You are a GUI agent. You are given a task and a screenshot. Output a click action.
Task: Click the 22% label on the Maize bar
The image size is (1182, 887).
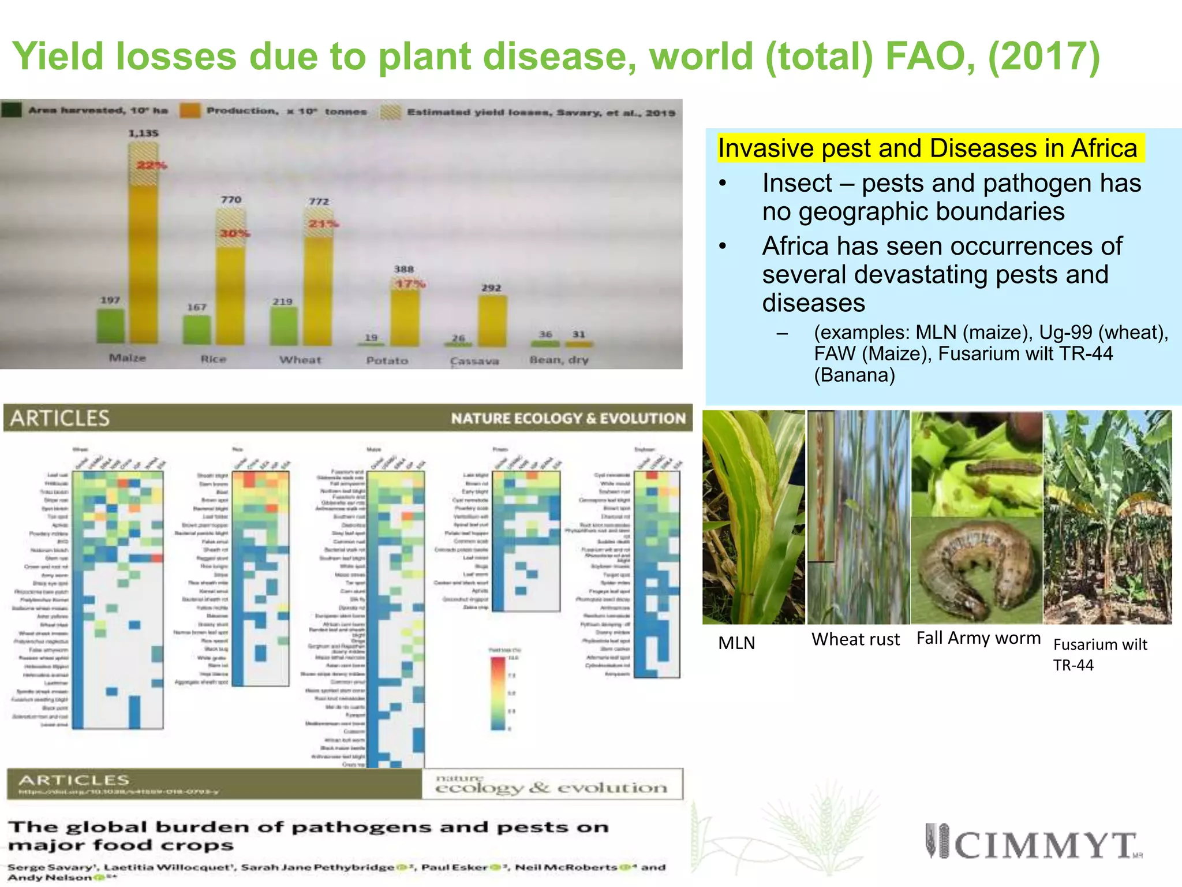pyautogui.click(x=151, y=166)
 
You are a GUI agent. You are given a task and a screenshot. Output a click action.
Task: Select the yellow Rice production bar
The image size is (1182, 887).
pyautogui.click(x=230, y=295)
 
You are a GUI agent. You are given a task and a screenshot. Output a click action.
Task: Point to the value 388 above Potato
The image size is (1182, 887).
pyautogui.click(x=404, y=269)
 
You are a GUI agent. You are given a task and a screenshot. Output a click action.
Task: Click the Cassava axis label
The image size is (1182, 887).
pyautogui.click(x=474, y=361)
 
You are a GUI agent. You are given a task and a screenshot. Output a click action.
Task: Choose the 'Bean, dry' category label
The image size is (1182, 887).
pyautogui.click(x=559, y=360)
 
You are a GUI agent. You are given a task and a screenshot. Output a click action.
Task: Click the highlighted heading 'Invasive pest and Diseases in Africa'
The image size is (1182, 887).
pyautogui.click(x=927, y=148)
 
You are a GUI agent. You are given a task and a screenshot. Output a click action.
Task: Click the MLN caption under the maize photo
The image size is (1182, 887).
pyautogui.click(x=736, y=643)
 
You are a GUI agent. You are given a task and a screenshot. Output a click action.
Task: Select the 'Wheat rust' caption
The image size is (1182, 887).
pyautogui.click(x=855, y=639)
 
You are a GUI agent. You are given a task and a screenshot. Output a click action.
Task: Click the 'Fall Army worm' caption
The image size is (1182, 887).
pyautogui.click(x=978, y=638)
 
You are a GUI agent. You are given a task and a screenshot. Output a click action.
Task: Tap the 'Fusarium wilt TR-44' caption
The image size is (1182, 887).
pyautogui.click(x=1099, y=654)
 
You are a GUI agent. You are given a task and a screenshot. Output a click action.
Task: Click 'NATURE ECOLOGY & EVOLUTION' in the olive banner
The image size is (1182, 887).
pyautogui.click(x=568, y=418)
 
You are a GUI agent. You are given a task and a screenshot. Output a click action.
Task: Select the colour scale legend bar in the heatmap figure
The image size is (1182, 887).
pyautogui.click(x=498, y=693)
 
